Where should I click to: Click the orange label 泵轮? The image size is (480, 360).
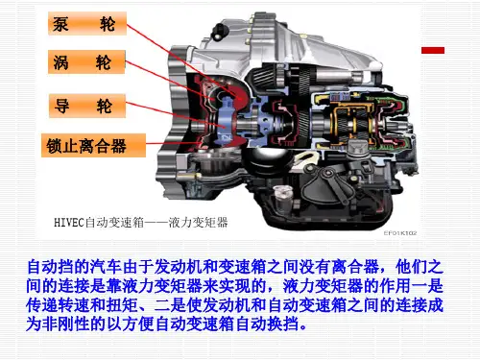[87, 24]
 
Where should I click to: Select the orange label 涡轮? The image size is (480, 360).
[86, 62]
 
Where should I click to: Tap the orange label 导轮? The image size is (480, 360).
[87, 106]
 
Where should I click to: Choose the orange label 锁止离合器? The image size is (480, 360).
[93, 146]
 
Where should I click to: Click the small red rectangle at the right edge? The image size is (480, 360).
[433, 50]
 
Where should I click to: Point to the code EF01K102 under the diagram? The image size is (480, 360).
[400, 233]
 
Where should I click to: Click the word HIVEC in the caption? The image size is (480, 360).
[69, 222]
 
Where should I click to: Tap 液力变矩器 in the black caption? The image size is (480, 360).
[198, 222]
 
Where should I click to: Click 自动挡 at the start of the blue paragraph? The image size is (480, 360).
[51, 267]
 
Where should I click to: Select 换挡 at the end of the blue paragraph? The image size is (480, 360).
[284, 324]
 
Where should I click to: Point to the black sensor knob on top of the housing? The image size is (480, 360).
[220, 31]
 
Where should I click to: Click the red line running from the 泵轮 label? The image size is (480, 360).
[182, 60]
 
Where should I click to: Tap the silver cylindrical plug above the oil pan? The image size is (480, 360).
[283, 198]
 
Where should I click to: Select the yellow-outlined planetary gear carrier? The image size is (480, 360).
[352, 123]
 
